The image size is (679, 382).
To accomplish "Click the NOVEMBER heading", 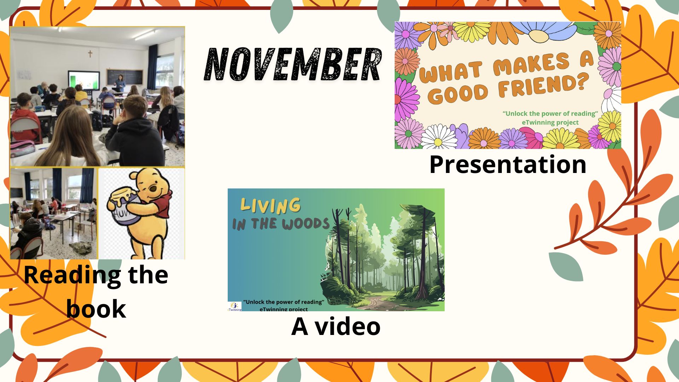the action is (x=293, y=65).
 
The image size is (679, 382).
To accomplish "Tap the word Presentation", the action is (x=508, y=164).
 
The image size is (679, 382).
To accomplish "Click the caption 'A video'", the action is (x=336, y=326).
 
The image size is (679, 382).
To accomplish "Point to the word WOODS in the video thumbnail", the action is (x=306, y=224).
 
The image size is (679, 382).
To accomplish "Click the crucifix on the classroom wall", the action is (x=90, y=54).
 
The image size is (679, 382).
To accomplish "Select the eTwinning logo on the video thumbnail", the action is (x=234, y=306).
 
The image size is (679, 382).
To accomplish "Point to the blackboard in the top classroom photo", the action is (x=124, y=77).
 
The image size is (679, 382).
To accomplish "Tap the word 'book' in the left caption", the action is (x=96, y=309).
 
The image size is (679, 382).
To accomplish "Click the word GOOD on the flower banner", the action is (x=460, y=93).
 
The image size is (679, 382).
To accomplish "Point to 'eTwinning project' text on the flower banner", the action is (x=550, y=122).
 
